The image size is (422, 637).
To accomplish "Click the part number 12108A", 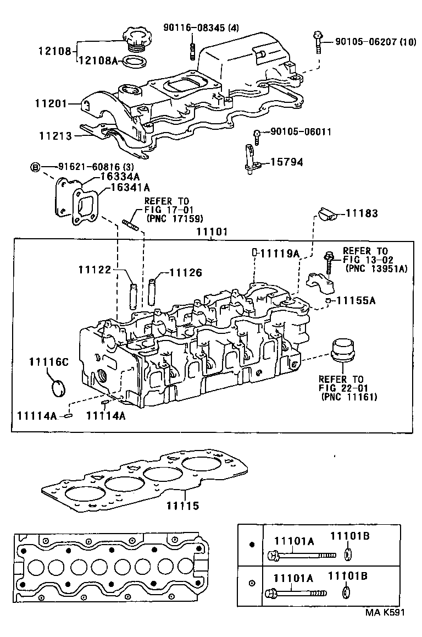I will [x=97, y=61].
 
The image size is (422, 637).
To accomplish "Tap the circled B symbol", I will [x=35, y=167].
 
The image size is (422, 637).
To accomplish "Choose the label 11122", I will [x=94, y=269].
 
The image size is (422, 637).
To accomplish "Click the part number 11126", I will [x=185, y=272].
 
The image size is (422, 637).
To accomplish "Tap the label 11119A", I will [x=279, y=253].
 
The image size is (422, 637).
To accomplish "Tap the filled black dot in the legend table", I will [x=252, y=545].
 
